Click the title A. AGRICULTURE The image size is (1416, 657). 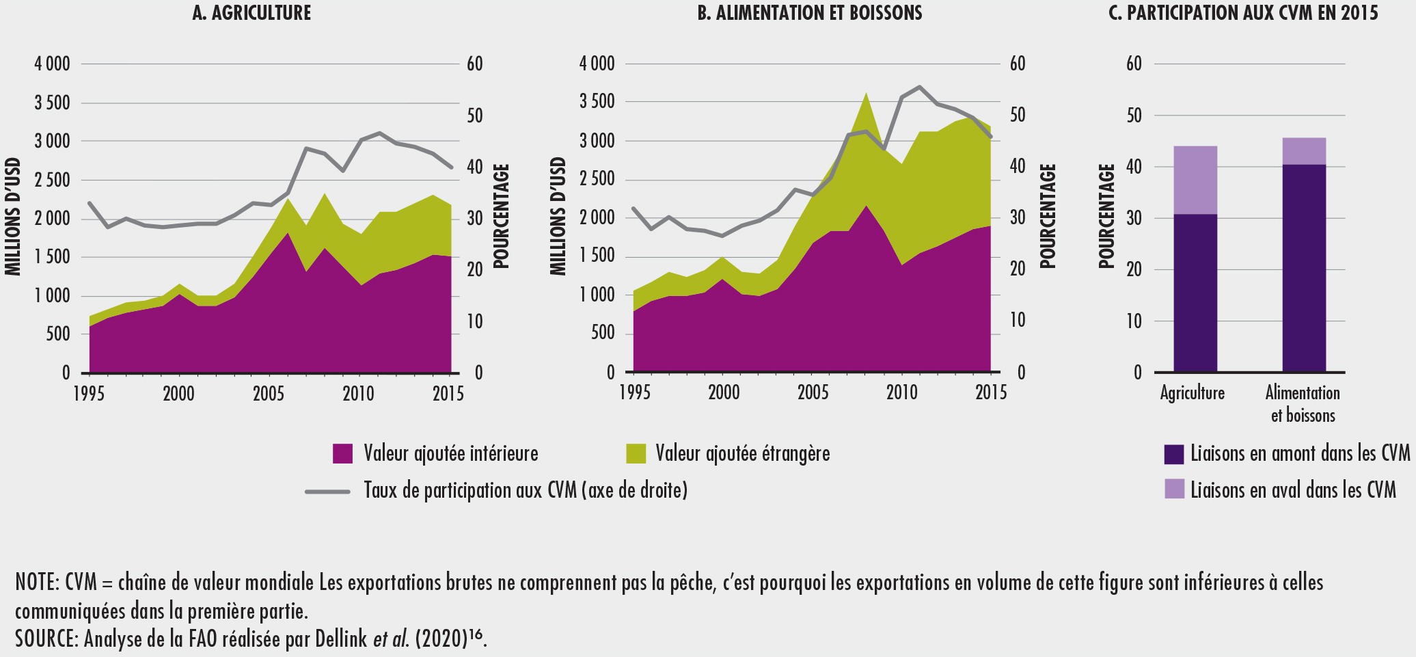click(251, 13)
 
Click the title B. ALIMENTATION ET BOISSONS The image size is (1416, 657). click(810, 13)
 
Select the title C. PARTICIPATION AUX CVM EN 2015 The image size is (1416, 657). click(1243, 13)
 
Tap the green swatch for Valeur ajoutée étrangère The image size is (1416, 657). click(636, 454)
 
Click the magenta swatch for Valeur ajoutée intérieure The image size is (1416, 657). click(342, 454)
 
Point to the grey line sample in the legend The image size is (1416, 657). click(327, 491)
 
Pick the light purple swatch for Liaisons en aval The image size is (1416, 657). click(1174, 489)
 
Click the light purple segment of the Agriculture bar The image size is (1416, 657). click(1195, 180)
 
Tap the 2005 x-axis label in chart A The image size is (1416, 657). click(268, 394)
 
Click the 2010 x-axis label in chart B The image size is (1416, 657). click(902, 393)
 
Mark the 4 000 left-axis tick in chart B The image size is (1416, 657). click(597, 64)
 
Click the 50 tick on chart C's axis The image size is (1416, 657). click(1134, 116)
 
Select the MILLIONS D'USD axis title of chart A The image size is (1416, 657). click(13, 217)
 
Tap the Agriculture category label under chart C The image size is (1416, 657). click(1193, 393)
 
